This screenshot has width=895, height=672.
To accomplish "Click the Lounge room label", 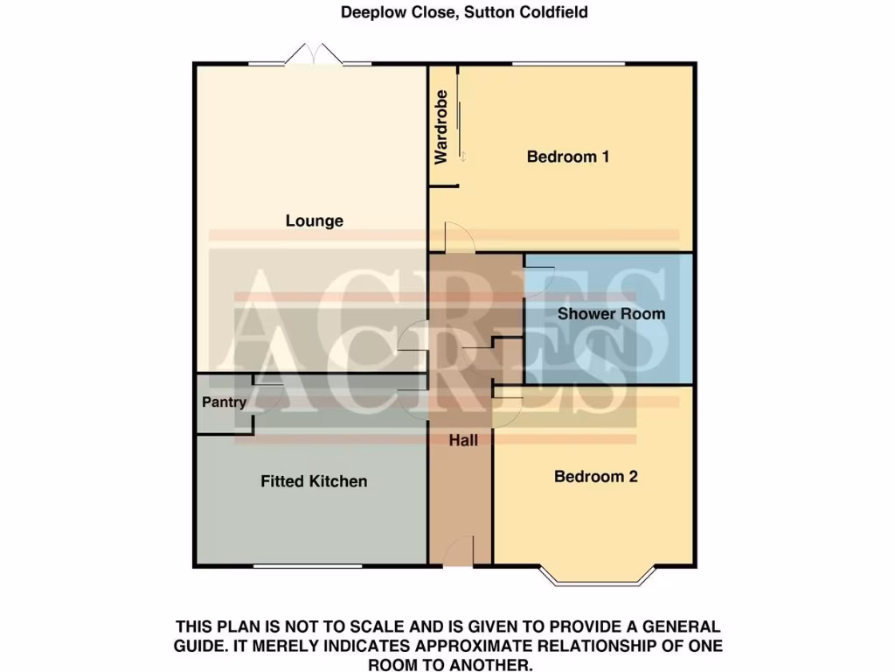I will (314, 221).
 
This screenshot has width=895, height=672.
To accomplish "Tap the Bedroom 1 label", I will (567, 157).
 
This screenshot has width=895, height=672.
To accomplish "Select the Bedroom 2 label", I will (596, 477).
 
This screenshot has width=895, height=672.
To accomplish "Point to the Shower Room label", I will (611, 314).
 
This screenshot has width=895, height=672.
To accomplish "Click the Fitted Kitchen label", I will (314, 481).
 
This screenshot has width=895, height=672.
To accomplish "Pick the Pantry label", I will (224, 403).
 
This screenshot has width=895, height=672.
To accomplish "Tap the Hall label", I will (463, 441).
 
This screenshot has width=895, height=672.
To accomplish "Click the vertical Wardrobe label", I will (441, 127).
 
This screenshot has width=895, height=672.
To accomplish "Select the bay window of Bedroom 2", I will (597, 576).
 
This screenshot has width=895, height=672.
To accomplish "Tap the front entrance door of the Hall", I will (459, 553).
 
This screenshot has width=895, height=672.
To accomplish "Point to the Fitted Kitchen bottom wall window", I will (308, 566).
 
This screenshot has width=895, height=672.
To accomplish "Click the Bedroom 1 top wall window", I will (568, 64).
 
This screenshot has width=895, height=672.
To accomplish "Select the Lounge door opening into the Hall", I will (413, 337).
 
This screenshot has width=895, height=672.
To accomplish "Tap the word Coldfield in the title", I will (554, 12).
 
